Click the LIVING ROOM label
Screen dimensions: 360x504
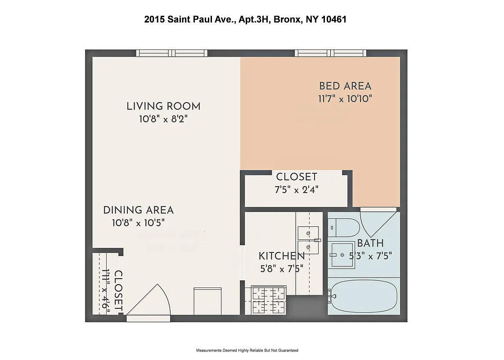[163, 107]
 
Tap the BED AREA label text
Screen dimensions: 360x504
[345, 86]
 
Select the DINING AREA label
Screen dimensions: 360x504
[138, 210]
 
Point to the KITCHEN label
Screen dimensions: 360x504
[281, 256]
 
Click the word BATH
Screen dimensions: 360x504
[370, 243]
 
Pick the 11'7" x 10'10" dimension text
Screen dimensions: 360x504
[345, 99]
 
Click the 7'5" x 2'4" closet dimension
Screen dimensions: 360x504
[297, 189]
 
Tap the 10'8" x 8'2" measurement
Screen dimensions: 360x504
[163, 119]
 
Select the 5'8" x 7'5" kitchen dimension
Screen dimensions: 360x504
[281, 268]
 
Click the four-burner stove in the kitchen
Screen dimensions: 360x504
[269, 300]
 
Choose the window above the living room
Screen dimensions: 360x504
[172, 53]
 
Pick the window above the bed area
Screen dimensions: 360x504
[330, 53]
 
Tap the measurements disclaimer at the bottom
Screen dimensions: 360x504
[247, 350]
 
